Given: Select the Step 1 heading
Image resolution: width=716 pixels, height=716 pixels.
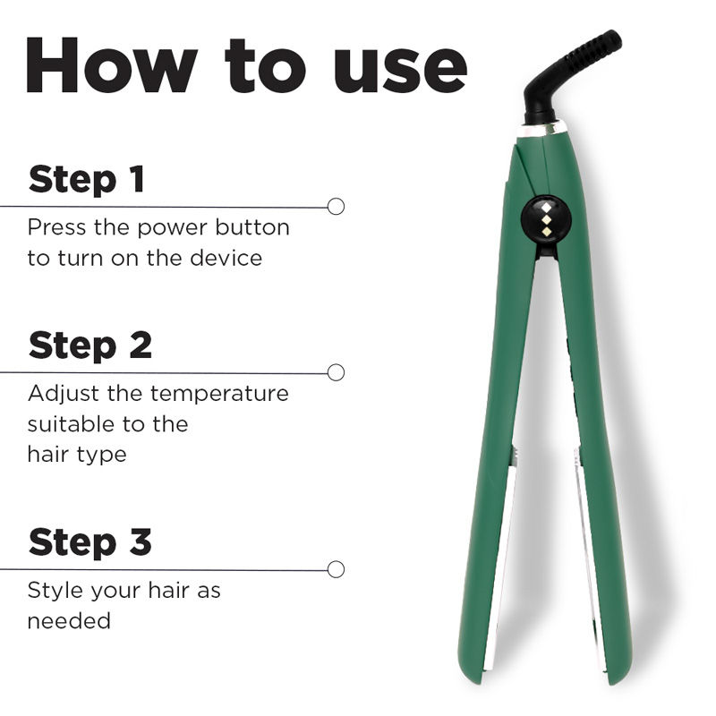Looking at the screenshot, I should [86, 179].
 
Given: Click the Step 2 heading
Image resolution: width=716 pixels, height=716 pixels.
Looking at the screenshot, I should [90, 345].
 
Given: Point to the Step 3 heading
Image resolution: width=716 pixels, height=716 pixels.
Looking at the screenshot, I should [90, 541].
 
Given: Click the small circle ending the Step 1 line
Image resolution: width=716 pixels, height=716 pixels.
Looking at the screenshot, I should [336, 206].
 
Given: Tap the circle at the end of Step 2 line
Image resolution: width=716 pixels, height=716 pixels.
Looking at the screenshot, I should [336, 371].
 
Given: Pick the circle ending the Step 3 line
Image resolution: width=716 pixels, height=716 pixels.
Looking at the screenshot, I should [336, 568].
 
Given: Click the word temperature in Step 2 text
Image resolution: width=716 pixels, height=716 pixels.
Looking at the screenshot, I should [219, 393].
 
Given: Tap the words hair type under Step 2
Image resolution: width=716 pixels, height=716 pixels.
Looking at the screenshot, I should [76, 454].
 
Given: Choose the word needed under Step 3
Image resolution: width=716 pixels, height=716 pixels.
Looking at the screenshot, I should [69, 620].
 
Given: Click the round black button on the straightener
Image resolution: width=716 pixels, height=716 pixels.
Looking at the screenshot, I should [540, 216].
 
